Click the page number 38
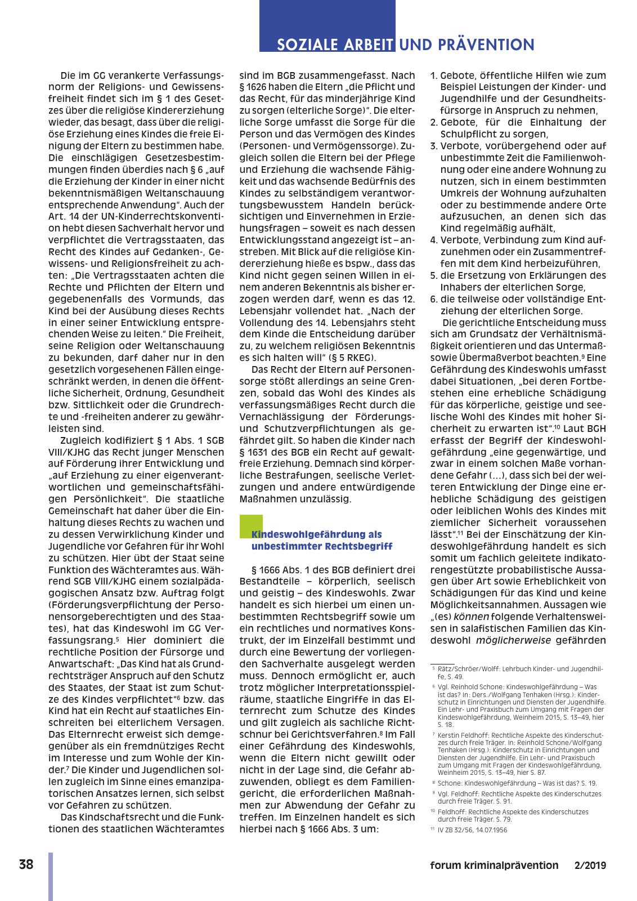pos(26,864)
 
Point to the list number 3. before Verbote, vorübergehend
pos(434,146)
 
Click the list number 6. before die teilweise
pos(434,299)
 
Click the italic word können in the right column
pos(471,617)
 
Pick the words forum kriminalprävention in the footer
pos(494,866)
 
